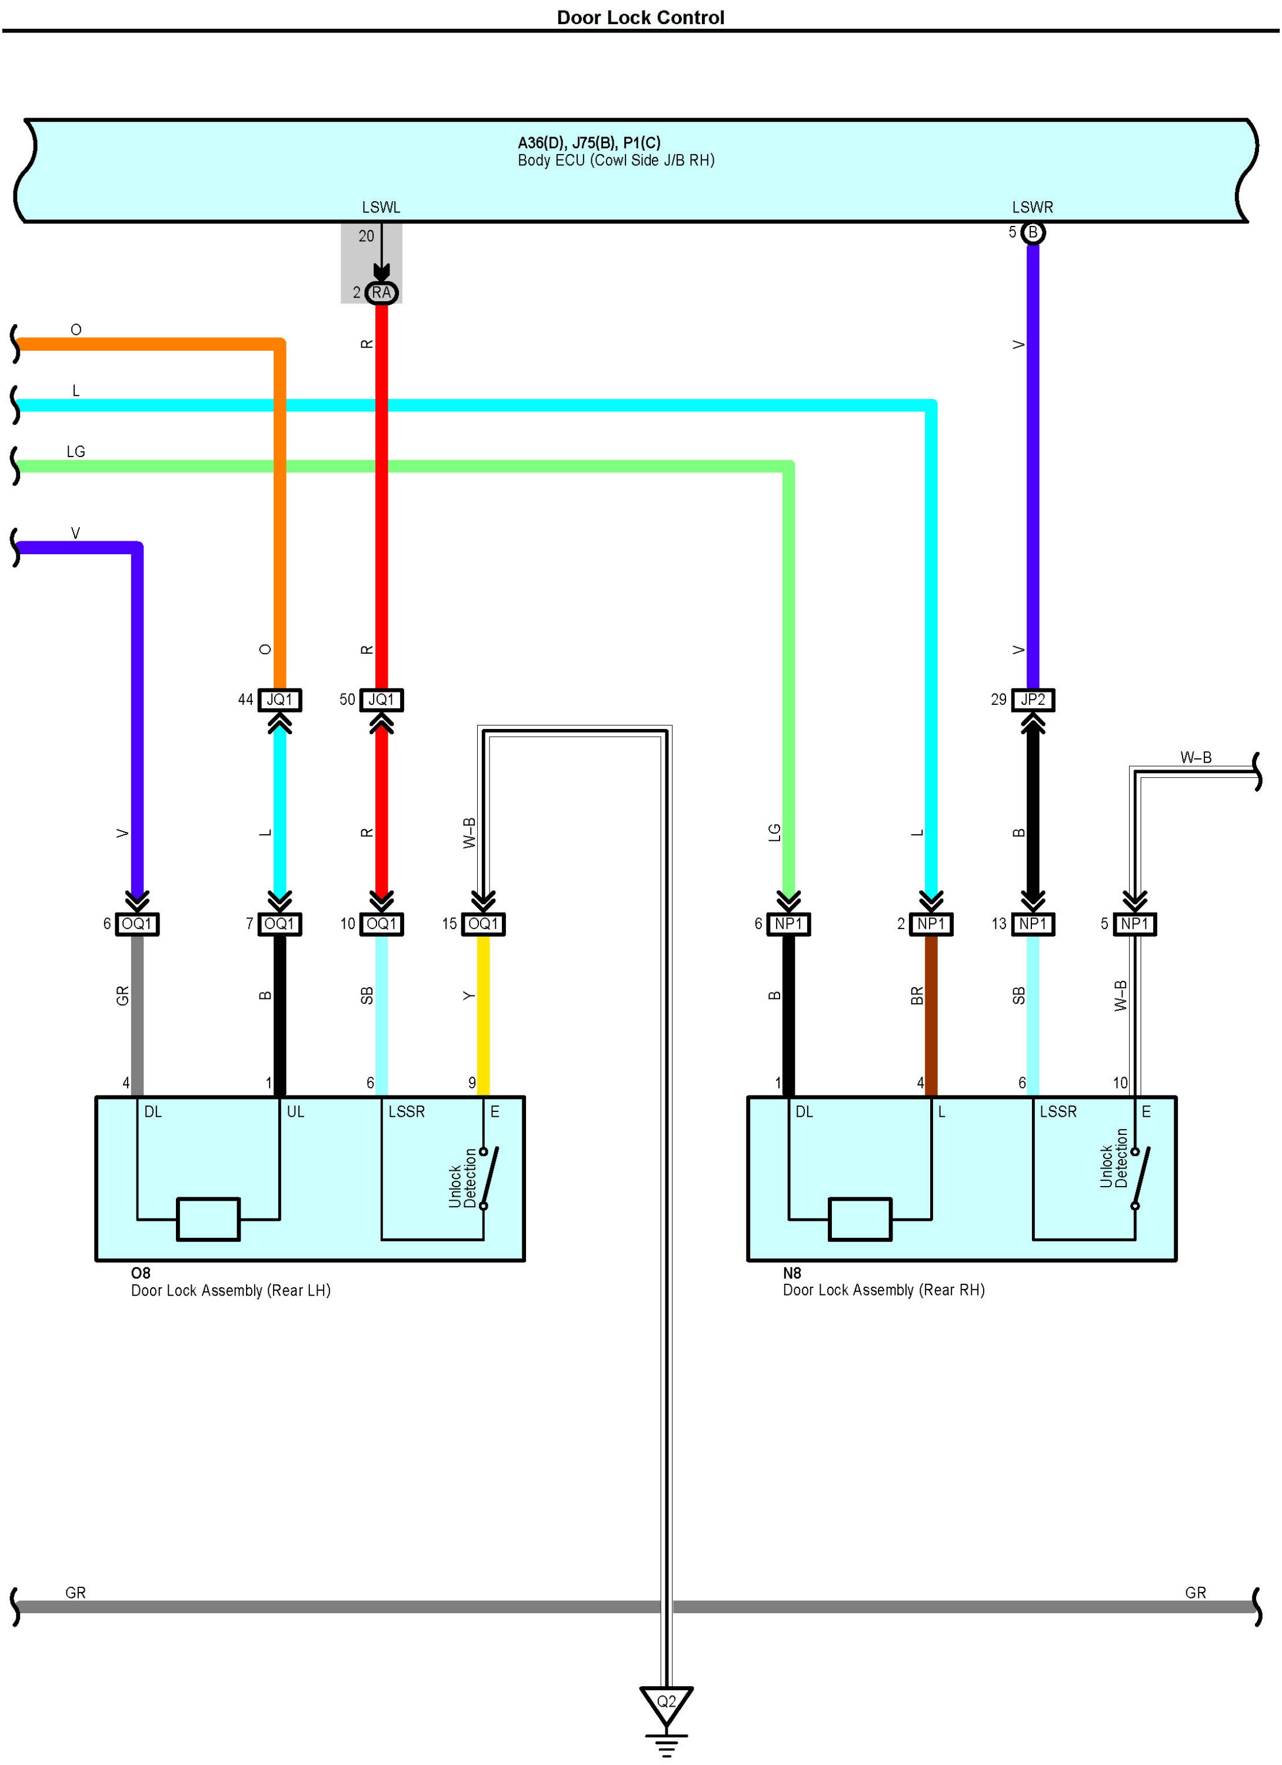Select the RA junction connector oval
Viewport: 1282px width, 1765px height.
click(381, 292)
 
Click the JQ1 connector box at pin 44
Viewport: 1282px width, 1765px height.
click(279, 700)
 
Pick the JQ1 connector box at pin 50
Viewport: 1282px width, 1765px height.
click(381, 700)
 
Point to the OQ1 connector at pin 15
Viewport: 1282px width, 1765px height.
click(484, 924)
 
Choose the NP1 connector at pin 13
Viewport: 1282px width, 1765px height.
click(1033, 924)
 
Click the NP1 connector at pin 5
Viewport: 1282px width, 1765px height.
click(1135, 924)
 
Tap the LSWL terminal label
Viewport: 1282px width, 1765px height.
click(381, 207)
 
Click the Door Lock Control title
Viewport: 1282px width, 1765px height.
click(641, 17)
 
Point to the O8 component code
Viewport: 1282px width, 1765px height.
click(140, 1273)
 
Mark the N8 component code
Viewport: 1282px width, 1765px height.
click(792, 1273)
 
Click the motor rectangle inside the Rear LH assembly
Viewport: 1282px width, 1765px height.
click(209, 1218)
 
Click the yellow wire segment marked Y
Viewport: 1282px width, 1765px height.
click(484, 1015)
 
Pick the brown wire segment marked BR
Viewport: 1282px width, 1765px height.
click(931, 1015)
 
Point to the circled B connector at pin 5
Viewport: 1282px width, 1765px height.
click(1033, 232)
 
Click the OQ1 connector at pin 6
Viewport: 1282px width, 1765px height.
click(137, 924)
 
